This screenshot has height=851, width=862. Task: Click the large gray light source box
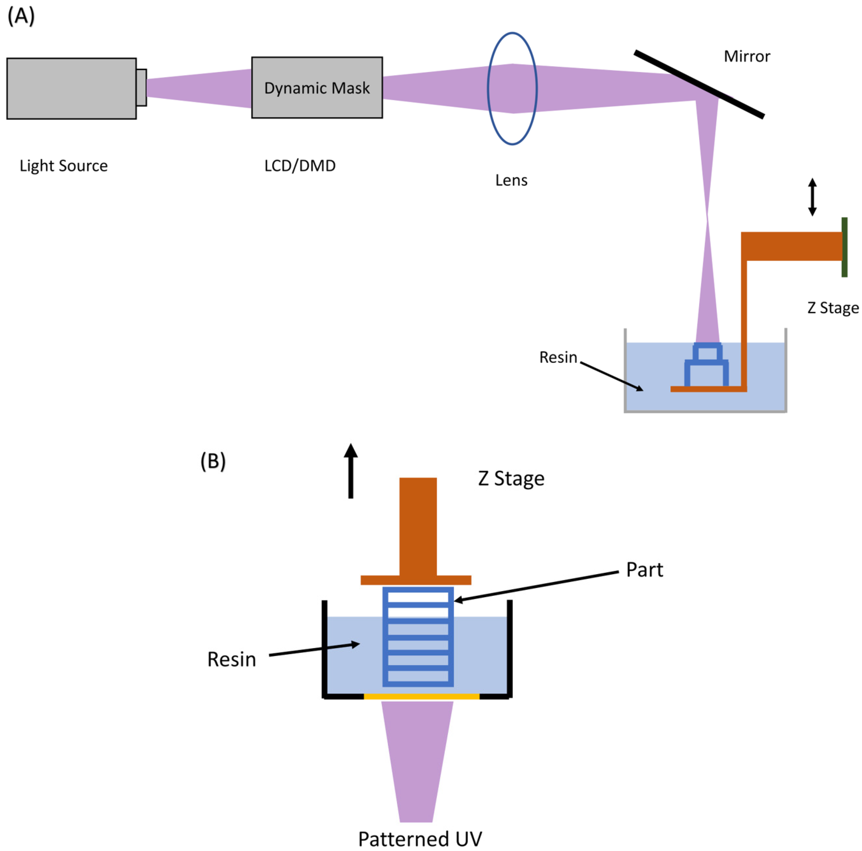(x=71, y=88)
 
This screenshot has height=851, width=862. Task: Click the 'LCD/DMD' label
(x=300, y=166)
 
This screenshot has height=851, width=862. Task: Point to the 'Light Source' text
(x=63, y=166)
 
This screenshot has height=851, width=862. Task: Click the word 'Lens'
(x=511, y=180)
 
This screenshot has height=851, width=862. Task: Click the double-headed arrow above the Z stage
(x=812, y=197)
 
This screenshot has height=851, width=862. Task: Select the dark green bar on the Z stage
(x=844, y=247)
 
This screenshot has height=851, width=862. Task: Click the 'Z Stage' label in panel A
(x=833, y=308)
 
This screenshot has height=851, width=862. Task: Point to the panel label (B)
(x=213, y=461)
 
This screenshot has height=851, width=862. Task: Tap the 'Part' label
(x=644, y=570)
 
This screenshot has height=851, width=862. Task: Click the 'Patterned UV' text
(x=420, y=839)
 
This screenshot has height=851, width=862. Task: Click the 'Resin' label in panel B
(x=232, y=659)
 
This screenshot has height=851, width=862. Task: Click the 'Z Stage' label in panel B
(x=511, y=478)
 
